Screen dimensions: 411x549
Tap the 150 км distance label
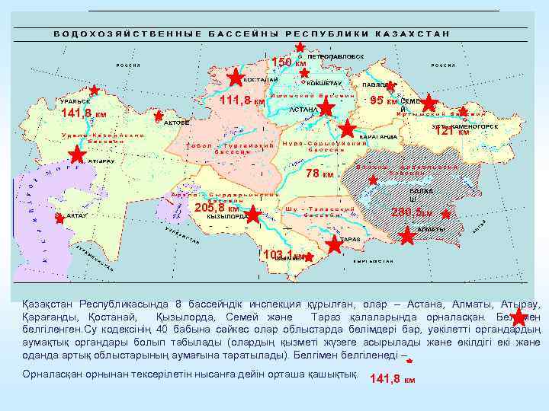coord(289,62)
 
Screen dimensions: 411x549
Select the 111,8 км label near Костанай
coord(242,101)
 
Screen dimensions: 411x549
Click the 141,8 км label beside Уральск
coord(83,113)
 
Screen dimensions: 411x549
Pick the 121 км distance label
coord(451,132)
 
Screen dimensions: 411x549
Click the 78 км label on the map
coord(319,174)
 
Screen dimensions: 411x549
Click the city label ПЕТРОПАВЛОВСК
coord(335,56)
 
